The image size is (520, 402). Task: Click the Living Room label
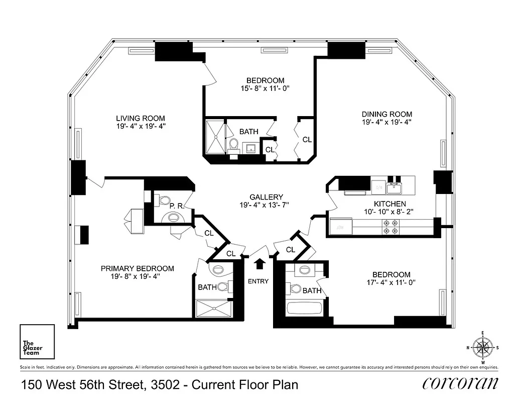click(141, 119)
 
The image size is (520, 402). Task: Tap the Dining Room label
click(386, 114)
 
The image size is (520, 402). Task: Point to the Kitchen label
click(389, 204)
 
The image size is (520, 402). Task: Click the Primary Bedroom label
click(137, 268)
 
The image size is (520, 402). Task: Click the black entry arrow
click(260, 264)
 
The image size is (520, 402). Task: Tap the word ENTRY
click(258, 281)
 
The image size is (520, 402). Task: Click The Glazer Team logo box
click(37, 341)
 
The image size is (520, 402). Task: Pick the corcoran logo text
click(461, 383)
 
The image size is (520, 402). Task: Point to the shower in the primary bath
click(214, 308)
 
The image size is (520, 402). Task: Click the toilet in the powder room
click(163, 200)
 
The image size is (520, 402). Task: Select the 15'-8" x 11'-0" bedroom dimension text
click(265, 88)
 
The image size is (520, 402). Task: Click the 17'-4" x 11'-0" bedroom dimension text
click(391, 282)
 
